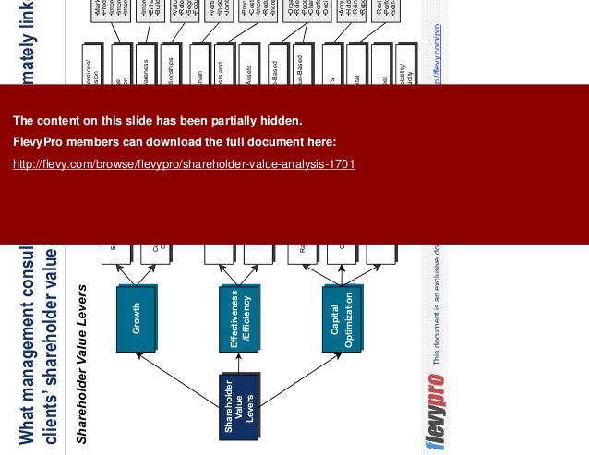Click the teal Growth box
tap(137, 319)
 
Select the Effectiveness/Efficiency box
tap(239, 319)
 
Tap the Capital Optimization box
tap(343, 319)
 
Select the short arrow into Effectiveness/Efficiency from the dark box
tap(239, 364)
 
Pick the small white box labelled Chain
tap(198, 69)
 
